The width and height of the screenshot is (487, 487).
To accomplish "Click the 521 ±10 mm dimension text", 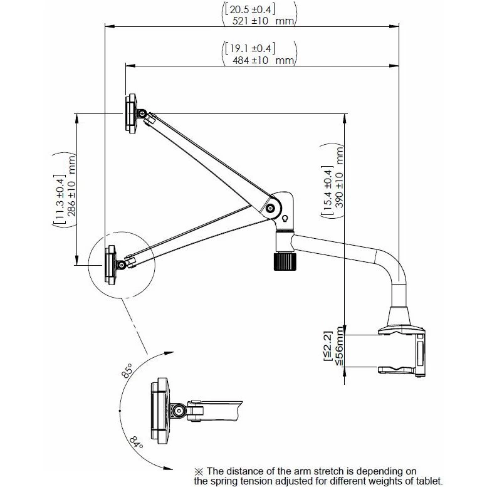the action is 263,21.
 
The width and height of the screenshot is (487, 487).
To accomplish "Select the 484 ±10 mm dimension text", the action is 263,60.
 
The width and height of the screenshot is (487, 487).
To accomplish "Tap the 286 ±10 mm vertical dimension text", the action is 71,186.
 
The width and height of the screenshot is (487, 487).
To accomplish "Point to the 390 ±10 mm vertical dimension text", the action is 340,177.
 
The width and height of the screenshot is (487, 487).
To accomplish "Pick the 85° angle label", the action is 127,370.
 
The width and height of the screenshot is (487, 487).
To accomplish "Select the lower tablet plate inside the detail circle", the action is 110,264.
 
